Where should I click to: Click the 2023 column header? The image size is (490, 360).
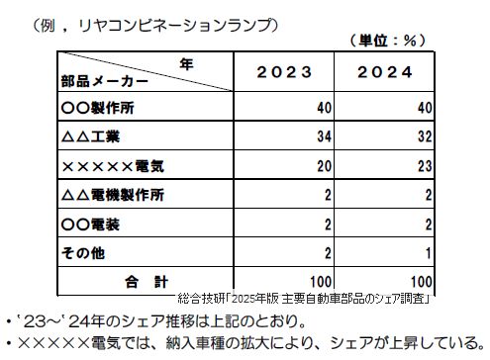[x=285, y=72]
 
